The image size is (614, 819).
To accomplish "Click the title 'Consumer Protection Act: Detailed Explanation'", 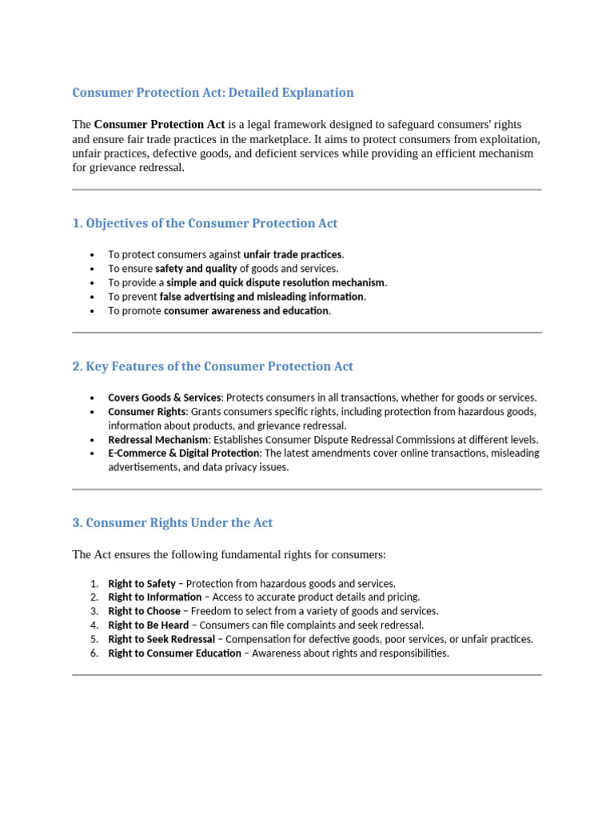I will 213,93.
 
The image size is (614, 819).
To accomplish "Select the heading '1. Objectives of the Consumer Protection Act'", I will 205,223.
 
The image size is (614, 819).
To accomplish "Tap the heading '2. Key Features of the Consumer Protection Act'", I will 213,366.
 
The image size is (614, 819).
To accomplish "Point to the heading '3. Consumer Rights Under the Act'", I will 172,523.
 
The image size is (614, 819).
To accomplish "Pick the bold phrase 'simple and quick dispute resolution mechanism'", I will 276,282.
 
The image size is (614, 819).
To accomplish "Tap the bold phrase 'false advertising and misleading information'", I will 262,297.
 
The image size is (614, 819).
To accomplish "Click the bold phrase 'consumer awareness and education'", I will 246,311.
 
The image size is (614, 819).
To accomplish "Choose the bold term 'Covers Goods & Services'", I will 164,398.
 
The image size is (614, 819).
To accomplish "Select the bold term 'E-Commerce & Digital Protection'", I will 184,453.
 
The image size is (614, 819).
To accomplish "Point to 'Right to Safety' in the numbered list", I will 142,584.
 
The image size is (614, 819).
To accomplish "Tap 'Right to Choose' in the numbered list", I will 144,612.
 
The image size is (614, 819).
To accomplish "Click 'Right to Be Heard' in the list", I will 149,625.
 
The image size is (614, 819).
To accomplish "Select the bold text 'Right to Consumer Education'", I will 174,653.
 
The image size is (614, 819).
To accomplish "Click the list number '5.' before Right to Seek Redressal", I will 94,640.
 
